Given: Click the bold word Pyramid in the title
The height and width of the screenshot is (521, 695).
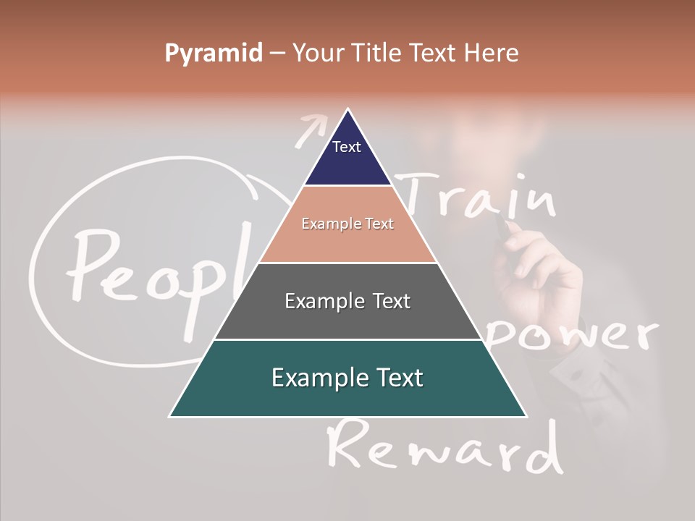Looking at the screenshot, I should pos(214,54).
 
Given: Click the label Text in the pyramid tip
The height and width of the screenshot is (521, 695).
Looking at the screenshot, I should pos(347,147).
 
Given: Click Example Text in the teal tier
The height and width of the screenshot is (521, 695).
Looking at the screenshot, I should pos(347,378).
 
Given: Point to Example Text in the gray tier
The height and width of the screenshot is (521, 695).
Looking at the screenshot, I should pos(347,301).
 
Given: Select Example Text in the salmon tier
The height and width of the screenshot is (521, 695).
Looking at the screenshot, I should pos(347,224).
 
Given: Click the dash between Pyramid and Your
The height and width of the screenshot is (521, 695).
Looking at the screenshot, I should pos(277,54).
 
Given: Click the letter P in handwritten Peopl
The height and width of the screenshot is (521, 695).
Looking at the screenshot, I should pos(90,264).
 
